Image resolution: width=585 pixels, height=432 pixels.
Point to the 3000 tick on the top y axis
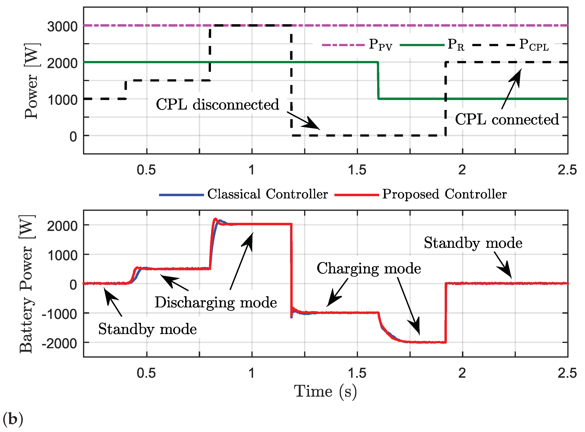pyautogui.click(x=62, y=27)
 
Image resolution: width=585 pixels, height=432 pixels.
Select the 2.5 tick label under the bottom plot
pyautogui.click(x=567, y=373)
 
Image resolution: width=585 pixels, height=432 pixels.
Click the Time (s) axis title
pyautogui.click(x=325, y=392)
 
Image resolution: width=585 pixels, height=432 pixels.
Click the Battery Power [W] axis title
pyautogui.click(x=27, y=284)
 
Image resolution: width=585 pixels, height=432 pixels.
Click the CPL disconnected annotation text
pyautogui.click(x=217, y=105)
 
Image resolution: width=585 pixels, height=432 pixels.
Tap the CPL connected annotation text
pyautogui.click(x=507, y=120)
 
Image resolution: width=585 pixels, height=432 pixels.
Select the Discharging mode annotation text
pyautogui.click(x=216, y=303)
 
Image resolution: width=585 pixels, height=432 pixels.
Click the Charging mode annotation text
pyautogui.click(x=369, y=269)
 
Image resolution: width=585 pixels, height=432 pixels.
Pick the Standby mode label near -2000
pyautogui.click(x=147, y=329)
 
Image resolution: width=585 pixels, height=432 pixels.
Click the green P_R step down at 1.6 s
pyautogui.click(x=378, y=81)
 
